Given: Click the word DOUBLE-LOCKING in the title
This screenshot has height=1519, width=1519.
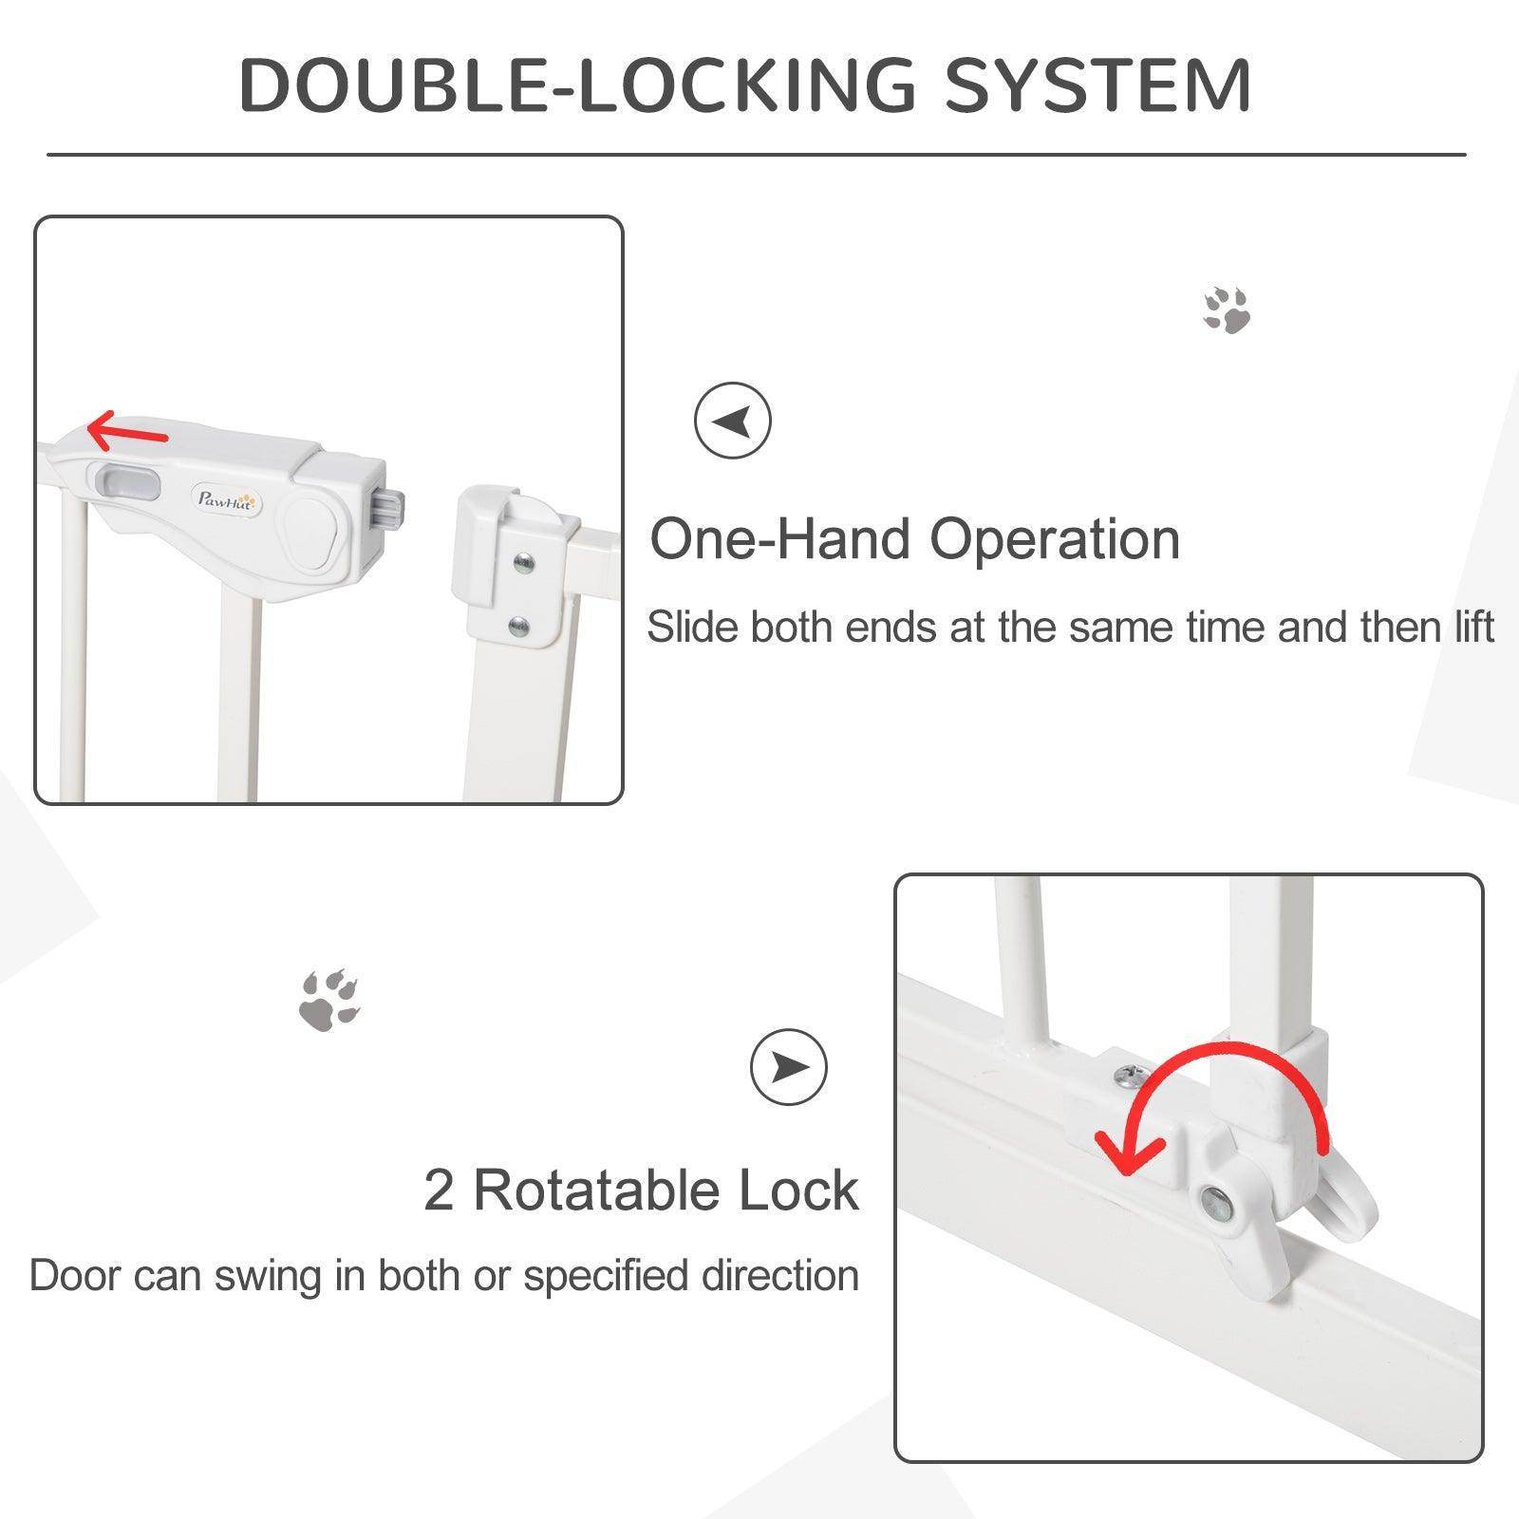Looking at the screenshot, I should pos(577,85).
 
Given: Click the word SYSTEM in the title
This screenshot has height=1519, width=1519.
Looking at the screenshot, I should pos(1097,85).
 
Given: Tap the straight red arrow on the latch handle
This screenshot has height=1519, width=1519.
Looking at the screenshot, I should pos(127,432).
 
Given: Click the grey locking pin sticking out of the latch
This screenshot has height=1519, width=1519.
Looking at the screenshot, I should pos(391,506).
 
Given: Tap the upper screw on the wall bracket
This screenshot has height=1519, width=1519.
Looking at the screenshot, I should pos(522,563).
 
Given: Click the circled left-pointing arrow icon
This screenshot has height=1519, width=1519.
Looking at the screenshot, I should pos(732,421).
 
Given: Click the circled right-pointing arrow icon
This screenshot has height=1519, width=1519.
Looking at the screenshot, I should pos(788,1067).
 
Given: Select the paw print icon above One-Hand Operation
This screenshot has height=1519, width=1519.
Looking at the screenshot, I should pos(1227,310).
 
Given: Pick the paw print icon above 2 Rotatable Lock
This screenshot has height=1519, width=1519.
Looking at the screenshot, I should pos(329,1001).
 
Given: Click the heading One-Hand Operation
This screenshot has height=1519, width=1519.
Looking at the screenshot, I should pos(914,539).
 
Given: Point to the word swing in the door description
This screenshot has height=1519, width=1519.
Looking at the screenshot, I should pos(269,1276).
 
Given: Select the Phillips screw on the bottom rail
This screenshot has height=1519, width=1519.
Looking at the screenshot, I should pos(1131,1076).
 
